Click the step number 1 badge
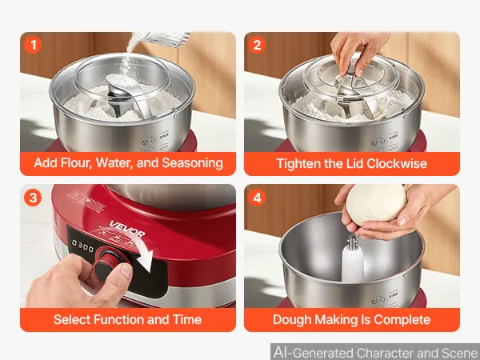coord(33,45)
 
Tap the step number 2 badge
coord(257,45)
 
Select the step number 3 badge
coord(33,198)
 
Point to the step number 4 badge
coord(257,198)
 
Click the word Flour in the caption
coord(76,163)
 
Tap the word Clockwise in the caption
coord(397,163)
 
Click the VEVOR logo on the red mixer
coord(127,229)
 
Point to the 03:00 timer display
coord(82,246)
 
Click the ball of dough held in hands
coord(376,204)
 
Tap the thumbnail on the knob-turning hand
coord(126,270)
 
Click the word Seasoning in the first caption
coord(192,163)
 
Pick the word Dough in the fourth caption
coord(292,320)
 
